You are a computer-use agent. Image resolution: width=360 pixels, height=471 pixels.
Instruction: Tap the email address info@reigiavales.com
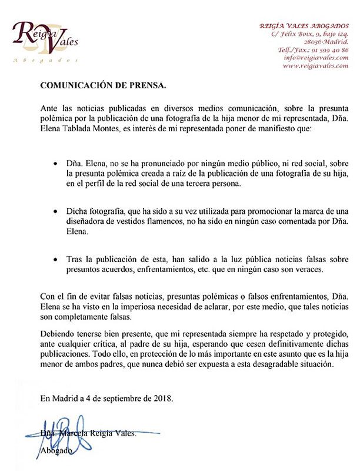tap(316, 58)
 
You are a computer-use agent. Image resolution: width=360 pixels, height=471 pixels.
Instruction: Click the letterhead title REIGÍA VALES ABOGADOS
tap(305, 26)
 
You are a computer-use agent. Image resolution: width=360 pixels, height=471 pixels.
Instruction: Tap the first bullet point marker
tap(55, 162)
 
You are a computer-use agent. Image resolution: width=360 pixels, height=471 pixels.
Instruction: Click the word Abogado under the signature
tap(56, 450)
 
